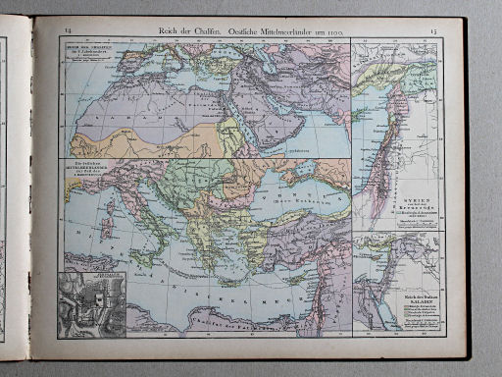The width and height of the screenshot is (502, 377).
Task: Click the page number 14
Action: click(x=68, y=34)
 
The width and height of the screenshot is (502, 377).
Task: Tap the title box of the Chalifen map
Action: click(x=87, y=50)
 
